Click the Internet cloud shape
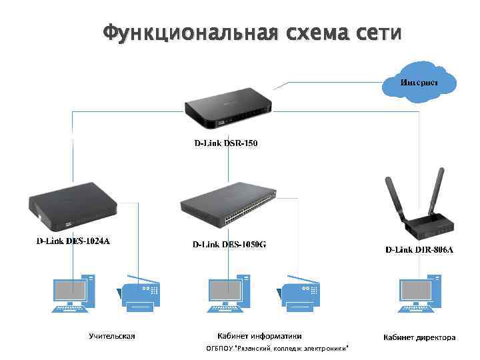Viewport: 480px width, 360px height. coord(419,83)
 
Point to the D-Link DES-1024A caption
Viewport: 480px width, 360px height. coord(73,241)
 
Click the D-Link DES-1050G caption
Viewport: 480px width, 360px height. coord(229,244)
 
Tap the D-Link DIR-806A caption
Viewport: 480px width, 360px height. coord(419,250)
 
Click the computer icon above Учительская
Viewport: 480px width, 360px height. coord(73,293)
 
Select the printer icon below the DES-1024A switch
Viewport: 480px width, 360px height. coord(141,294)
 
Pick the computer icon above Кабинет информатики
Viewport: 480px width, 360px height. coord(229,293)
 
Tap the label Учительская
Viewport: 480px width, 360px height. coord(112,336)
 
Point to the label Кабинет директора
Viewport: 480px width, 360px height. coord(419,337)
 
